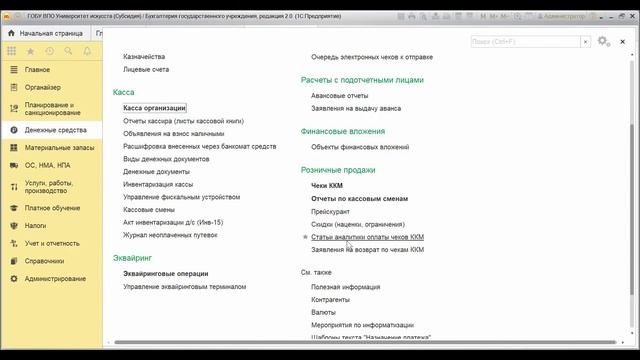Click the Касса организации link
coord(155,107)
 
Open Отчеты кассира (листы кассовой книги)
coord(183,120)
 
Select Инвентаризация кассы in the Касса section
coord(158,185)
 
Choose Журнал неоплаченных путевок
coord(170,235)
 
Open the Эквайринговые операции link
coord(166,273)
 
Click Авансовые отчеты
coord(340,96)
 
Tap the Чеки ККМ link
coord(327,185)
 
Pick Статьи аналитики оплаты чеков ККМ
coord(368,237)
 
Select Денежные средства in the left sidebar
coord(56,130)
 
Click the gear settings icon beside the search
coord(602,41)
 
